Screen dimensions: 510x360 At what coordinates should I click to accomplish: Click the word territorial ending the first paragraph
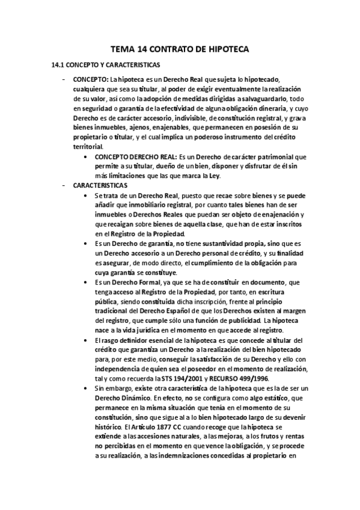[x=89, y=147]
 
